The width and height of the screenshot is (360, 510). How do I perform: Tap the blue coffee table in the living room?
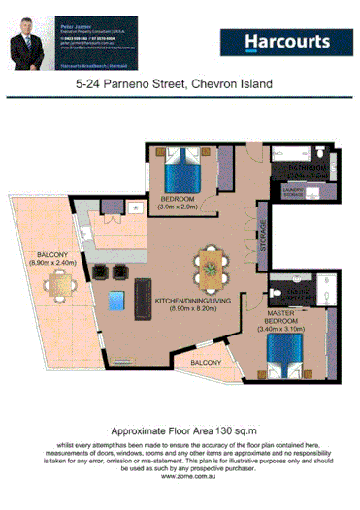pos(116,298)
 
